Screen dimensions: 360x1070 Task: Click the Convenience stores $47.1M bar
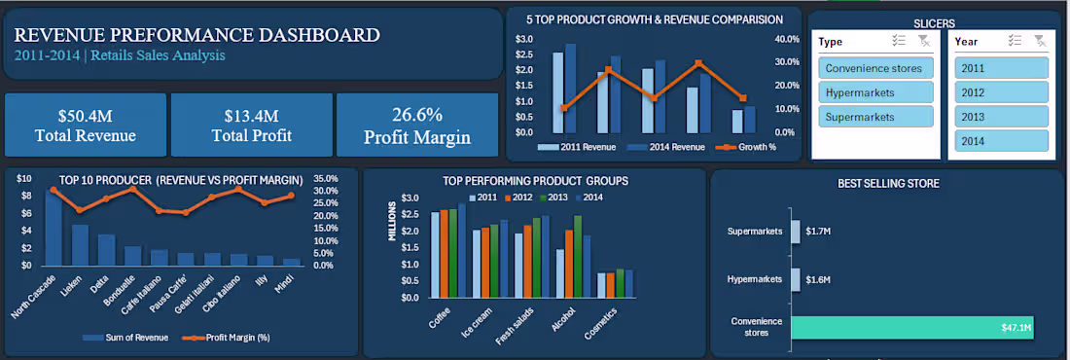pyautogui.click(x=912, y=328)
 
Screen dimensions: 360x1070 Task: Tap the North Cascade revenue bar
pyautogui.click(x=53, y=229)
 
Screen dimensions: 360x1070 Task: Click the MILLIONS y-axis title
pyautogui.click(x=394, y=222)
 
